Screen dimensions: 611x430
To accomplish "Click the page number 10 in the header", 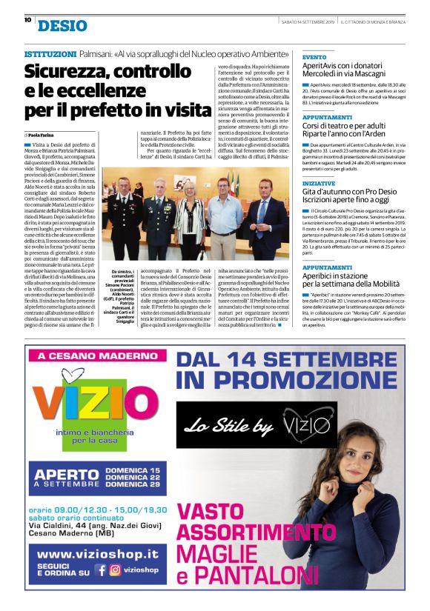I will click(27, 20).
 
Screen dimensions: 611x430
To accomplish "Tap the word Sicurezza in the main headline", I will click(70, 73).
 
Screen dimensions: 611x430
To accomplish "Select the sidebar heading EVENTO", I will click(314, 57).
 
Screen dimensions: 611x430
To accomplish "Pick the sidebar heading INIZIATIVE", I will click(319, 183).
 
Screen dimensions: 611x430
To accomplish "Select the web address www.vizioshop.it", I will click(97, 553).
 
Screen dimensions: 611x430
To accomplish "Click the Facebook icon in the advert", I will click(100, 570).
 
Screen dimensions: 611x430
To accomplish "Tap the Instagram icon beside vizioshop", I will click(115, 570).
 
